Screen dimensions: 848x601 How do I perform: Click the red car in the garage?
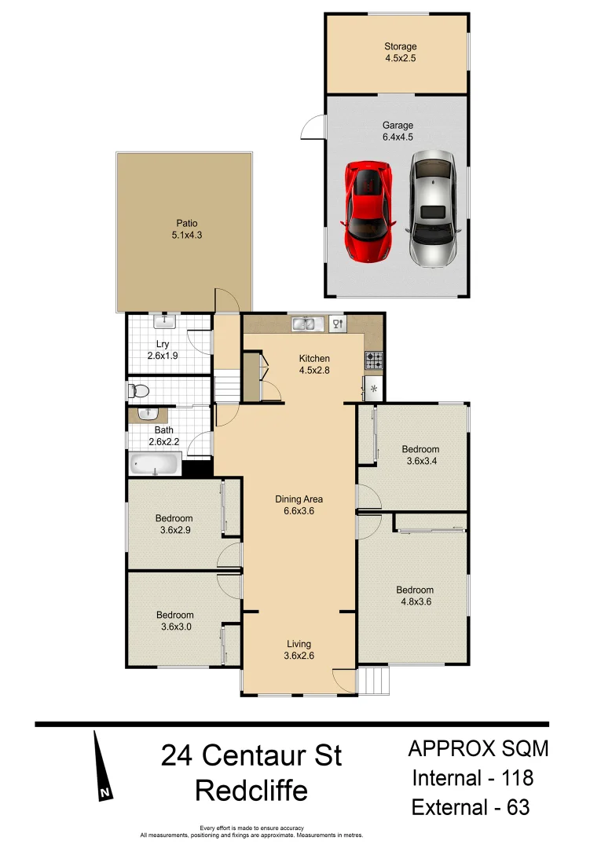[368, 212]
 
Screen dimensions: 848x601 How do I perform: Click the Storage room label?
[400, 52]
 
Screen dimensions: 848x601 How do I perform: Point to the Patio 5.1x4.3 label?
[185, 228]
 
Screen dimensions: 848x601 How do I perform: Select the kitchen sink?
[303, 323]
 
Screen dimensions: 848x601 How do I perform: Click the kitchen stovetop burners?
[374, 360]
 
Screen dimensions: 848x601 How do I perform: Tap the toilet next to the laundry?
[139, 390]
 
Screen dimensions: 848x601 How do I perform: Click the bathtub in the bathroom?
[155, 464]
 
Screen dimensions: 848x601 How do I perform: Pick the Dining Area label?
[299, 505]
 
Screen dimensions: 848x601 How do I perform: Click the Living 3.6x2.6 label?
[299, 649]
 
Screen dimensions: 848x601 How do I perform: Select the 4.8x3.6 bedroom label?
[415, 596]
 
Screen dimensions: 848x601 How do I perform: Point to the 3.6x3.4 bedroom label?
[420, 455]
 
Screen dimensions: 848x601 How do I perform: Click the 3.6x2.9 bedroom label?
[174, 524]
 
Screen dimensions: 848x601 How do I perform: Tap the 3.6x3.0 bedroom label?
[174, 620]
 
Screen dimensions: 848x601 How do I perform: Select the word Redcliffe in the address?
[251, 790]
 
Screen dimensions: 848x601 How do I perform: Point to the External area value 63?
[513, 806]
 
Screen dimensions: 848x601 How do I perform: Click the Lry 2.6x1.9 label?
[163, 349]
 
